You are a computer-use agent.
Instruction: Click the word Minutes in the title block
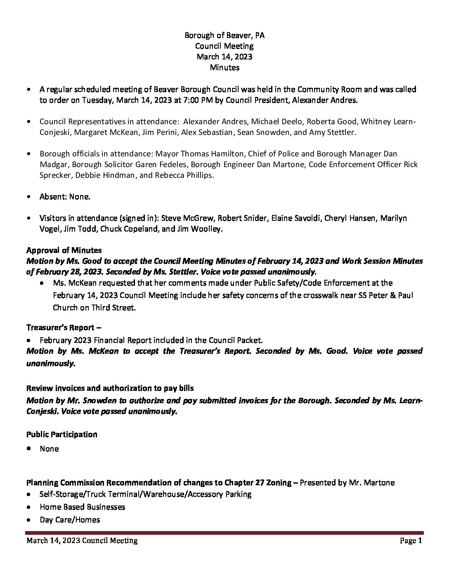pos(224,67)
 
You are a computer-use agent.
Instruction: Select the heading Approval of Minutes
pos(64,250)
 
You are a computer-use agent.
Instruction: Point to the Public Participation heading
pos(62,434)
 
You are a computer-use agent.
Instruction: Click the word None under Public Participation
pos(49,449)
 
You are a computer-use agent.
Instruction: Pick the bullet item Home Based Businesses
pos(83,507)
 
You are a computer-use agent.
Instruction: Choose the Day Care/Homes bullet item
pos(70,519)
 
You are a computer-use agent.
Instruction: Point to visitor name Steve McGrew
pos(187,218)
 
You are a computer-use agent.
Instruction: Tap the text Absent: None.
pos(65,196)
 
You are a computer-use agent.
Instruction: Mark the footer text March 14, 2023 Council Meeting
pos(82,541)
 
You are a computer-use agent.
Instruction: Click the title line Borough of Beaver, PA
pos(224,35)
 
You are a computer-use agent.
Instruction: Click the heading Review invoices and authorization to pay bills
pos(110,388)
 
